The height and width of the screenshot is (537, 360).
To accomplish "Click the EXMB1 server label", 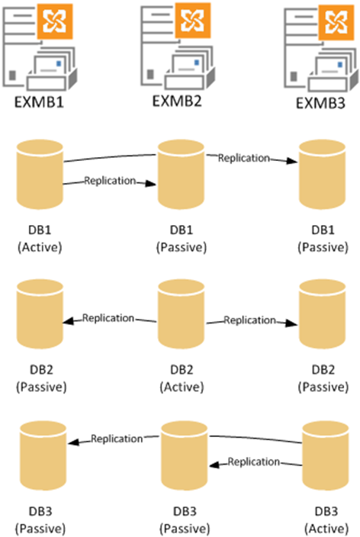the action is click(x=39, y=102).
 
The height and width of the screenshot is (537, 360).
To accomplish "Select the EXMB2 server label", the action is click(x=177, y=101).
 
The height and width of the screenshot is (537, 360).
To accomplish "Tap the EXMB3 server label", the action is click(x=320, y=103).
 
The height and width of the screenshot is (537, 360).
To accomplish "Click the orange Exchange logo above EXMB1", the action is click(x=55, y=21).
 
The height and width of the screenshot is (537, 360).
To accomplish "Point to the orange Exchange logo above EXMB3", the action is click(x=336, y=22).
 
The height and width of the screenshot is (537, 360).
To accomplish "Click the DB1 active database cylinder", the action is click(x=40, y=175).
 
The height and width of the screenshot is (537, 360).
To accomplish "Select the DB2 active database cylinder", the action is click(x=182, y=314).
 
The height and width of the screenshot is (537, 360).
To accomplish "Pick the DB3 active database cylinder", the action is click(x=326, y=456).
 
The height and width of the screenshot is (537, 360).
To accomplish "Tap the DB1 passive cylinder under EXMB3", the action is click(x=323, y=175).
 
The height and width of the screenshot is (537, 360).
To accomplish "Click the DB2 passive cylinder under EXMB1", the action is click(x=40, y=314).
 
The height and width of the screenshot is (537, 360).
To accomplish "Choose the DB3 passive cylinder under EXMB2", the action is click(x=185, y=456).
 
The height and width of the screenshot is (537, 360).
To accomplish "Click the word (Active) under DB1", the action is click(x=40, y=247).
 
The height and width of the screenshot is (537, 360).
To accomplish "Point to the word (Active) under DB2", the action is click(x=182, y=387).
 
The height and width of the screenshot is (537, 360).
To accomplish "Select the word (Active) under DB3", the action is click(x=326, y=529).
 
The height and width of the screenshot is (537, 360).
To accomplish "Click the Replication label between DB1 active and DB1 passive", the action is click(x=110, y=181).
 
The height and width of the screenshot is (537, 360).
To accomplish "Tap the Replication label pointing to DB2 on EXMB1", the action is click(x=108, y=318).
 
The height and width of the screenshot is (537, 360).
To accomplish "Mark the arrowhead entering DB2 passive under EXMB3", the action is click(x=291, y=323).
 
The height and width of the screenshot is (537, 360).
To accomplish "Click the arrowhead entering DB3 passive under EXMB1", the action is click(x=74, y=442).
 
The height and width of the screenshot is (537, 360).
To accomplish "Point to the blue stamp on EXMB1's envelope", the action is click(x=59, y=63).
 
